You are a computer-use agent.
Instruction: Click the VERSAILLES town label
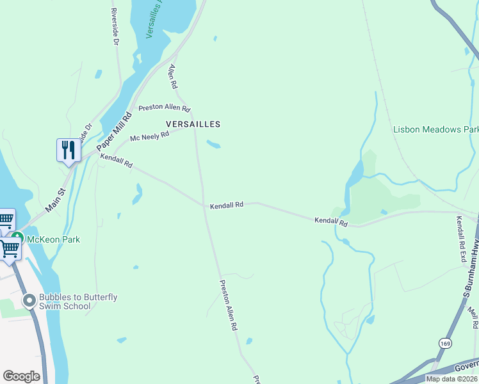click(x=193, y=124)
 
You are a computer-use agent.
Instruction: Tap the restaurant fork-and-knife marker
click(x=69, y=150)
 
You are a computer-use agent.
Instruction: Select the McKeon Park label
click(x=58, y=239)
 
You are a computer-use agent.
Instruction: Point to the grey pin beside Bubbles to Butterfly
click(x=29, y=300)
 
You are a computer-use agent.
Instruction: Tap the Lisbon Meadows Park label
click(x=435, y=129)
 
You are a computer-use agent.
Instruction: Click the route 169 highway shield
click(x=444, y=344)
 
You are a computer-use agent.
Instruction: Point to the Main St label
click(x=56, y=200)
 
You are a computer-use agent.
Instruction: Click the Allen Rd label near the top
click(x=172, y=76)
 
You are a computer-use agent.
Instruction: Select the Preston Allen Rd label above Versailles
click(x=164, y=108)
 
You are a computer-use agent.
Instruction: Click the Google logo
click(x=21, y=376)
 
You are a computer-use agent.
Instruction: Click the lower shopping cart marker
click(x=10, y=248)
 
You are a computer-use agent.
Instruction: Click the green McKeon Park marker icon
click(x=17, y=239)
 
